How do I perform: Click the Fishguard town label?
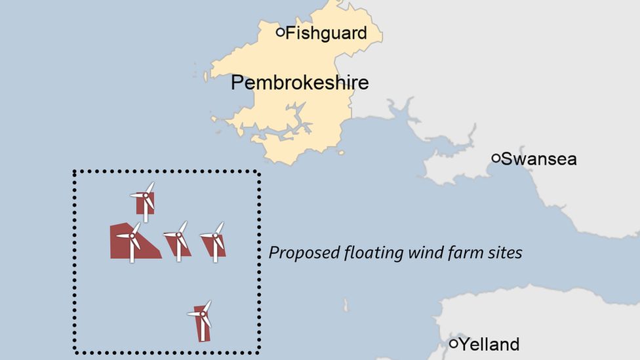[x=326, y=33]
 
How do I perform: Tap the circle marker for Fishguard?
[x=280, y=31]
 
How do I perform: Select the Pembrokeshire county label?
[x=300, y=83]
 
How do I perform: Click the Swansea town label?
[x=539, y=159]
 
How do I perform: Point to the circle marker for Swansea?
[x=496, y=158]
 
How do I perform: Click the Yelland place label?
[x=489, y=344]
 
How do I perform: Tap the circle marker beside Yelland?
[x=453, y=343]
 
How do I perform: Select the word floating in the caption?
[x=370, y=253]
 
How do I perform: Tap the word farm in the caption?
[x=467, y=252]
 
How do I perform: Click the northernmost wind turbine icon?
[x=146, y=197]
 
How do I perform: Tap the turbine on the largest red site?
[x=131, y=237]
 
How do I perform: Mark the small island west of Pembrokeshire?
[x=205, y=77]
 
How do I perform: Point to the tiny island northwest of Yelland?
[x=346, y=305]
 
